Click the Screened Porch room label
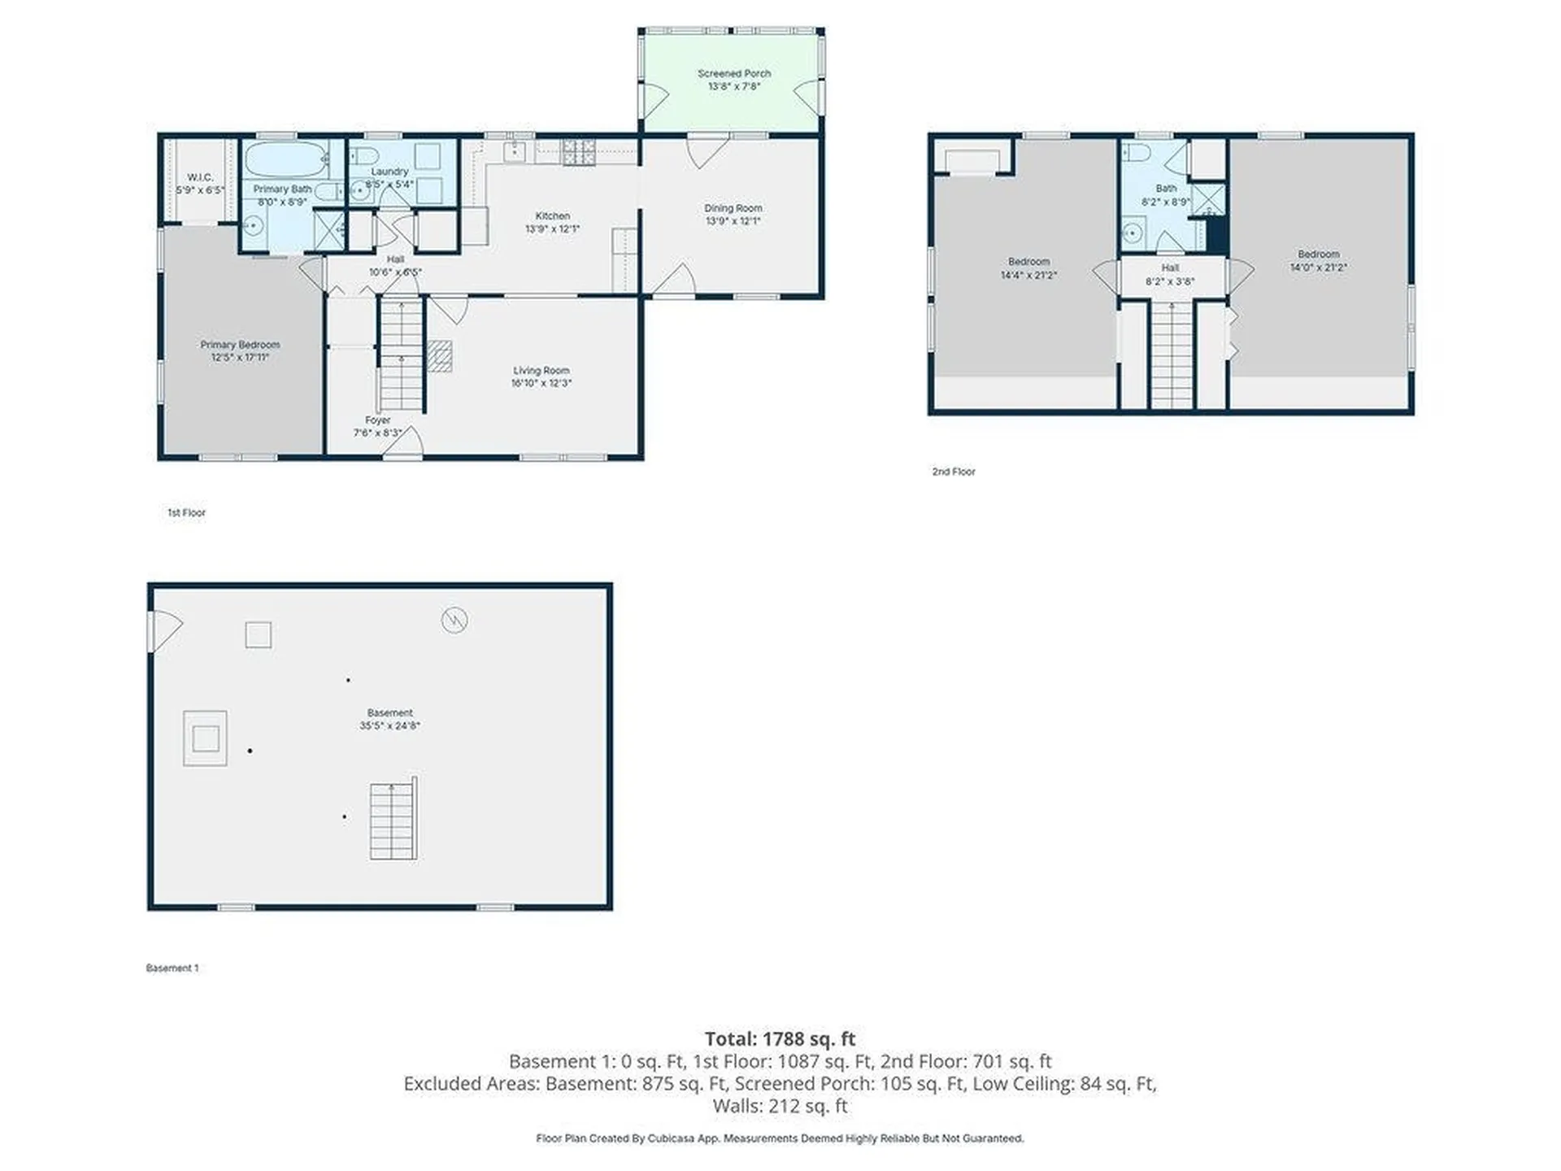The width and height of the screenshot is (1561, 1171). [734, 74]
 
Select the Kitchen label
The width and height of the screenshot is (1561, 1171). [552, 216]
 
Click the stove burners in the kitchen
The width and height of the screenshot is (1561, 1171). [579, 152]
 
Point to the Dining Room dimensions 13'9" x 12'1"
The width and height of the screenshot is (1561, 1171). [733, 221]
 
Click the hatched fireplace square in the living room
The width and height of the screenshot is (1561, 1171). [440, 356]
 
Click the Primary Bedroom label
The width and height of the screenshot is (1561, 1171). [240, 345]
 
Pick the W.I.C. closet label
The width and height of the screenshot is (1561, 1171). [200, 178]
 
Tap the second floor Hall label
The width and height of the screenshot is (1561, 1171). [1170, 268]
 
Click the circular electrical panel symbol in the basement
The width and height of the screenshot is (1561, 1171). [454, 620]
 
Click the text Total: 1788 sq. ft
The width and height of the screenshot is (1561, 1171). [780, 1038]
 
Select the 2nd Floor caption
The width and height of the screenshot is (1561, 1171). [954, 472]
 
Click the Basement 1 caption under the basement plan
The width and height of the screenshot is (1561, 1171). [172, 968]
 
